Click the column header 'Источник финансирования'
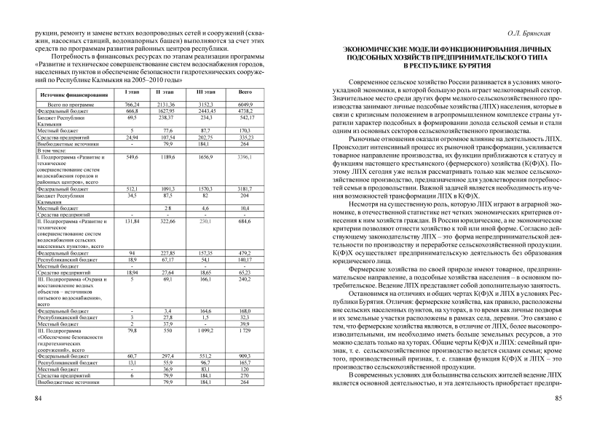tap(70, 95)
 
